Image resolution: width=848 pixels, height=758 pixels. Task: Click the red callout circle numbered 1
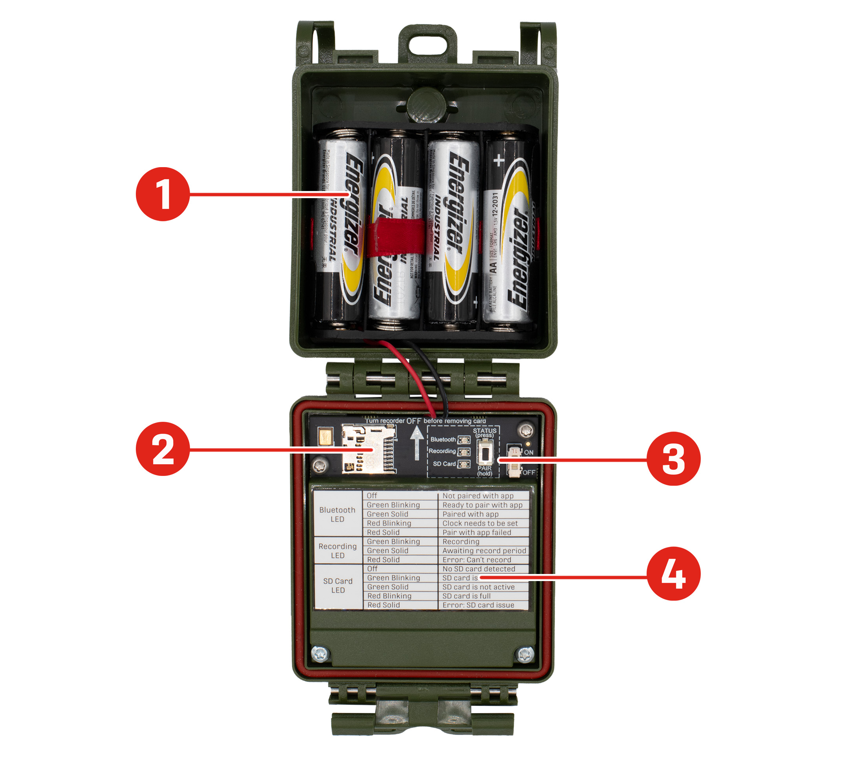[x=163, y=194]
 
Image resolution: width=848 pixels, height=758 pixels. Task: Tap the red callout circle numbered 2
[x=163, y=449]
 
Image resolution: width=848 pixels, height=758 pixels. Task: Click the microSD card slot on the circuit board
[x=368, y=449]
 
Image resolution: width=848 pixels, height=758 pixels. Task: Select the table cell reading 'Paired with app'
[x=470, y=514]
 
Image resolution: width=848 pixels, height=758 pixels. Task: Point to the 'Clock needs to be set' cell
[x=480, y=523]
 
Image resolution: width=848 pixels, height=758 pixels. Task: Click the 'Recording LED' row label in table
[x=337, y=550]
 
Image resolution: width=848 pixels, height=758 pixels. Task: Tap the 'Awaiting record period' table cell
[x=484, y=550]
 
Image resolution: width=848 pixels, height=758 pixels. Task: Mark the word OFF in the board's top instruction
[x=413, y=421]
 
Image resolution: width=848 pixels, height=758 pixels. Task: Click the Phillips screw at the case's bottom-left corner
[x=320, y=654]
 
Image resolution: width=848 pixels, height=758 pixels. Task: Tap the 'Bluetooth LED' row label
[x=337, y=514]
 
